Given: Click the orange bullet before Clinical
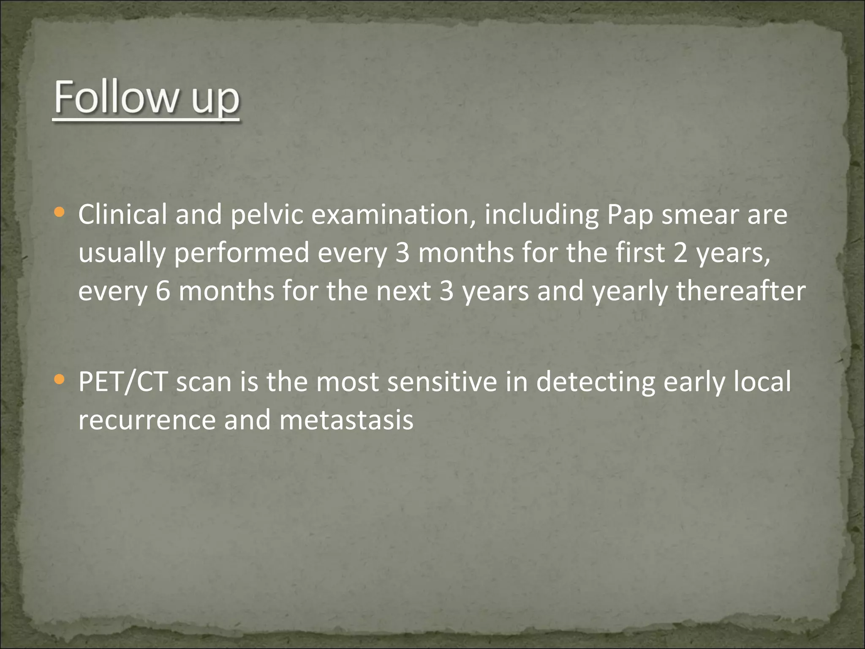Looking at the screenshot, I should [x=60, y=212].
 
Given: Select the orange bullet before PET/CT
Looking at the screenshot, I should [x=60, y=379].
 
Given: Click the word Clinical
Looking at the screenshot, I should [x=122, y=214].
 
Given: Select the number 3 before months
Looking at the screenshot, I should [x=402, y=253].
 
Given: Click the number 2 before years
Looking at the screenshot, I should [x=680, y=253].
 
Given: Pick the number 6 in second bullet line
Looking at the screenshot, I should [x=163, y=291].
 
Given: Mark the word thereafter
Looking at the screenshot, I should [x=741, y=291].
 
